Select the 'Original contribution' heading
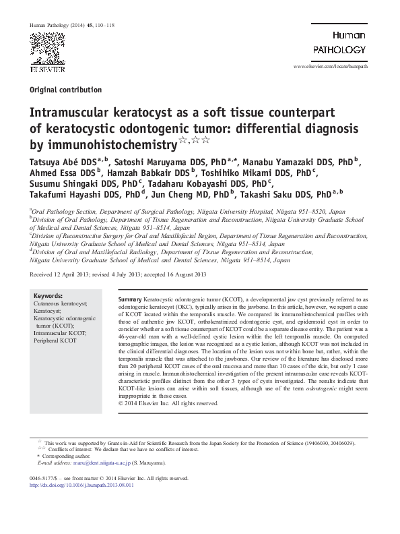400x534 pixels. [x=66, y=90]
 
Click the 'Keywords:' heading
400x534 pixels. [x=48, y=296]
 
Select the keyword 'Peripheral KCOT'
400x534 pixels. [x=55, y=340]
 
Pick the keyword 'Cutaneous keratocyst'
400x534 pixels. [x=63, y=303]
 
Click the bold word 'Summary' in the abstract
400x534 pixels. [x=130, y=299]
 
